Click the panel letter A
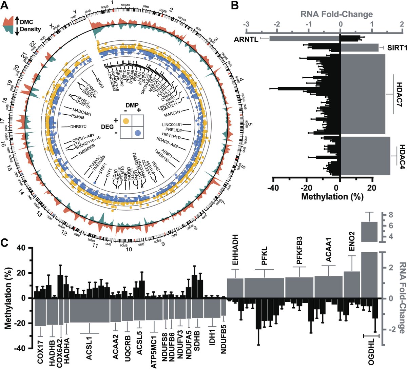pyautogui.click(x=6, y=6)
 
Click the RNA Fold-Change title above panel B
pyautogui.click(x=336, y=14)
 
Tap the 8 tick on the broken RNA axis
pyautogui.click(x=389, y=215)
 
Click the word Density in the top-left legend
pyautogui.click(x=30, y=29)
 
